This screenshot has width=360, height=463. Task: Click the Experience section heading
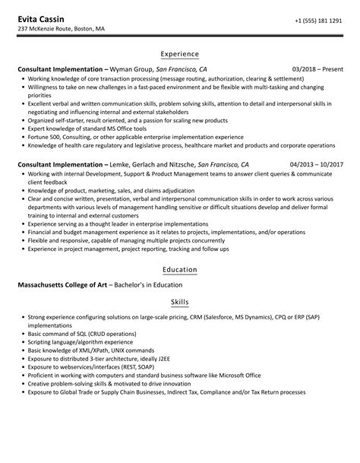click(180, 55)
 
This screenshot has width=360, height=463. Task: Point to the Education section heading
click(180, 270)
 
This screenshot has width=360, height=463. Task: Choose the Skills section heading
click(180, 302)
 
